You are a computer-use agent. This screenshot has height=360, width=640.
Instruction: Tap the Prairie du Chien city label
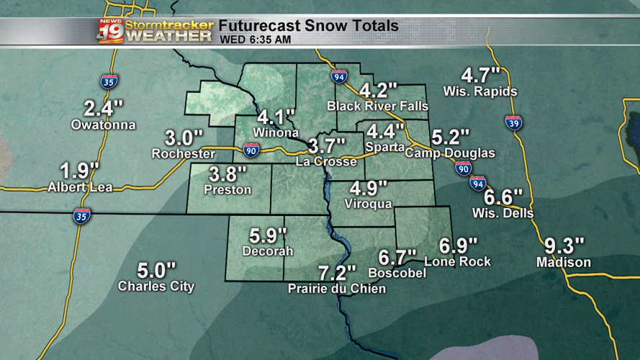(x=336, y=289)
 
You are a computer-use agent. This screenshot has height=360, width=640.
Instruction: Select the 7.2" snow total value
(x=336, y=274)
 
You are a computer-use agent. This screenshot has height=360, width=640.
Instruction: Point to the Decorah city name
(x=268, y=251)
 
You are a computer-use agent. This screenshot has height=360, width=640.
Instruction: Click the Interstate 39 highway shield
(x=513, y=122)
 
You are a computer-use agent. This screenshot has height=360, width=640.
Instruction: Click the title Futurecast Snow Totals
(x=308, y=26)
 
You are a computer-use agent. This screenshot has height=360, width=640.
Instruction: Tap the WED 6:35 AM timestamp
(x=256, y=40)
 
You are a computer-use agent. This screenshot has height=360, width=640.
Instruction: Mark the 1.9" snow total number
(x=78, y=171)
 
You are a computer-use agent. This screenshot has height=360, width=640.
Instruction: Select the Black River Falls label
(x=377, y=106)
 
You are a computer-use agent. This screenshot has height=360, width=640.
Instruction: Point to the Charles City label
(x=156, y=287)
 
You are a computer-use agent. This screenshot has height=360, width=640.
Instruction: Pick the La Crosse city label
(x=326, y=162)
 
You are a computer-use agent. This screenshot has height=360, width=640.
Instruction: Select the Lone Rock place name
(x=458, y=261)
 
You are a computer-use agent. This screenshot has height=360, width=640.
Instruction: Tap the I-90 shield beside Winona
(x=251, y=150)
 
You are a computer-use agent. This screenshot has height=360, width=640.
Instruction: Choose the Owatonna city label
(x=103, y=125)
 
